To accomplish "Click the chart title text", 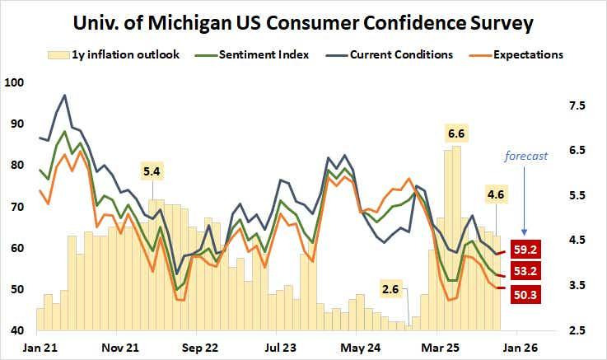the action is tap(303, 23).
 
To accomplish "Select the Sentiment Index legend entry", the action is tap(252, 54).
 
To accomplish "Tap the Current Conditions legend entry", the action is tap(390, 54).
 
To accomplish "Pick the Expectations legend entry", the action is tap(516, 54).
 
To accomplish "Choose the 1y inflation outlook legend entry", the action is tap(114, 54).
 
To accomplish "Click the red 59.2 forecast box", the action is tap(525, 250).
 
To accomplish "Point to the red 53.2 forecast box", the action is tap(525, 271).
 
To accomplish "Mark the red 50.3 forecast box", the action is tap(525, 295).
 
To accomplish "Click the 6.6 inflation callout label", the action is tap(456, 133).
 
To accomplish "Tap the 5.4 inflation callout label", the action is tap(152, 171).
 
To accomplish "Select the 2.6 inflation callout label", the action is tap(390, 289).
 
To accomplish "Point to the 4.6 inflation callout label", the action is tap(496, 194).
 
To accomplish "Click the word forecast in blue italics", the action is tap(526, 156).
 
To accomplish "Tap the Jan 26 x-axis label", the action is tap(520, 348).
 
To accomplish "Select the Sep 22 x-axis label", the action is tap(200, 348).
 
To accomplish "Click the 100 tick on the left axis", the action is tap(14, 82).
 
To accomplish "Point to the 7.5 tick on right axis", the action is tap(577, 105).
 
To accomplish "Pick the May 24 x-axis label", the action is tap(361, 348).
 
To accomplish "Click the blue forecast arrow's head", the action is tap(524, 232).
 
